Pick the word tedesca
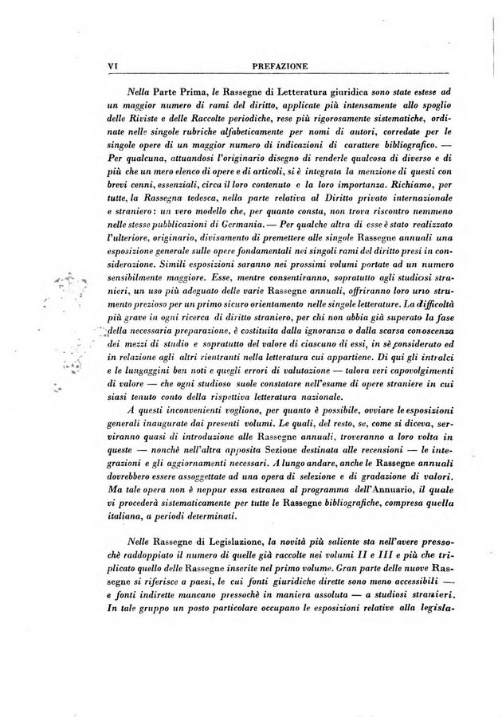pyautogui.click(x=216, y=192)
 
